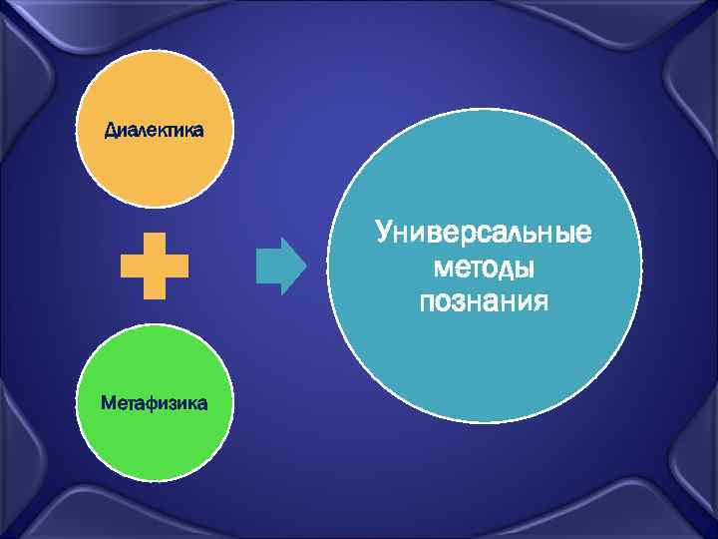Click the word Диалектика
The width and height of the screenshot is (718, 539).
(155, 130)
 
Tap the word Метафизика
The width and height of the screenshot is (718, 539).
(155, 403)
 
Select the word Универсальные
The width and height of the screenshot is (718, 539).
(484, 234)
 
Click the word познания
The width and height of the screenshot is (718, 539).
(484, 299)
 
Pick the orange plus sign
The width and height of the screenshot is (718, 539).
(155, 266)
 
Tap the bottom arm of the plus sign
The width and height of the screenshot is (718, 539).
(155, 288)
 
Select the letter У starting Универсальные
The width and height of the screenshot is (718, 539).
(383, 233)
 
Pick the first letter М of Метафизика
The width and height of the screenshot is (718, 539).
(108, 403)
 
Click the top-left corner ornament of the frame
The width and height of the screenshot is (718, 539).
(25, 25)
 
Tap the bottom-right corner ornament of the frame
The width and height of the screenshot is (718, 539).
(693, 514)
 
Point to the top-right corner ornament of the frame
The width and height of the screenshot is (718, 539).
(693, 25)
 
